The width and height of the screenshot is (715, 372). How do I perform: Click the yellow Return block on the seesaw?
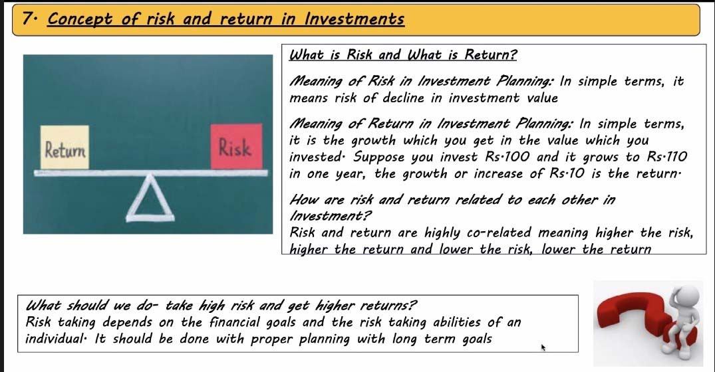65,147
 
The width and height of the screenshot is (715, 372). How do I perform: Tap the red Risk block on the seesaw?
236,146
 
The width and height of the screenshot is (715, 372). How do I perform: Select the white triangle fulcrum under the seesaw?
150,197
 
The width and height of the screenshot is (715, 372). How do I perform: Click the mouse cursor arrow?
543,347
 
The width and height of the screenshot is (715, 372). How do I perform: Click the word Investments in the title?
355,19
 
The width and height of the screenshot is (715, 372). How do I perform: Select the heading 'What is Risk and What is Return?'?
403,55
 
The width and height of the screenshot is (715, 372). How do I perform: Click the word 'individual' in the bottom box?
54,339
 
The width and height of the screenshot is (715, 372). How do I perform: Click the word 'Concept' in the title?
80,19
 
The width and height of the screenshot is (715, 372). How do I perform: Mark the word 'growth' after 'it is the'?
373,141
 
